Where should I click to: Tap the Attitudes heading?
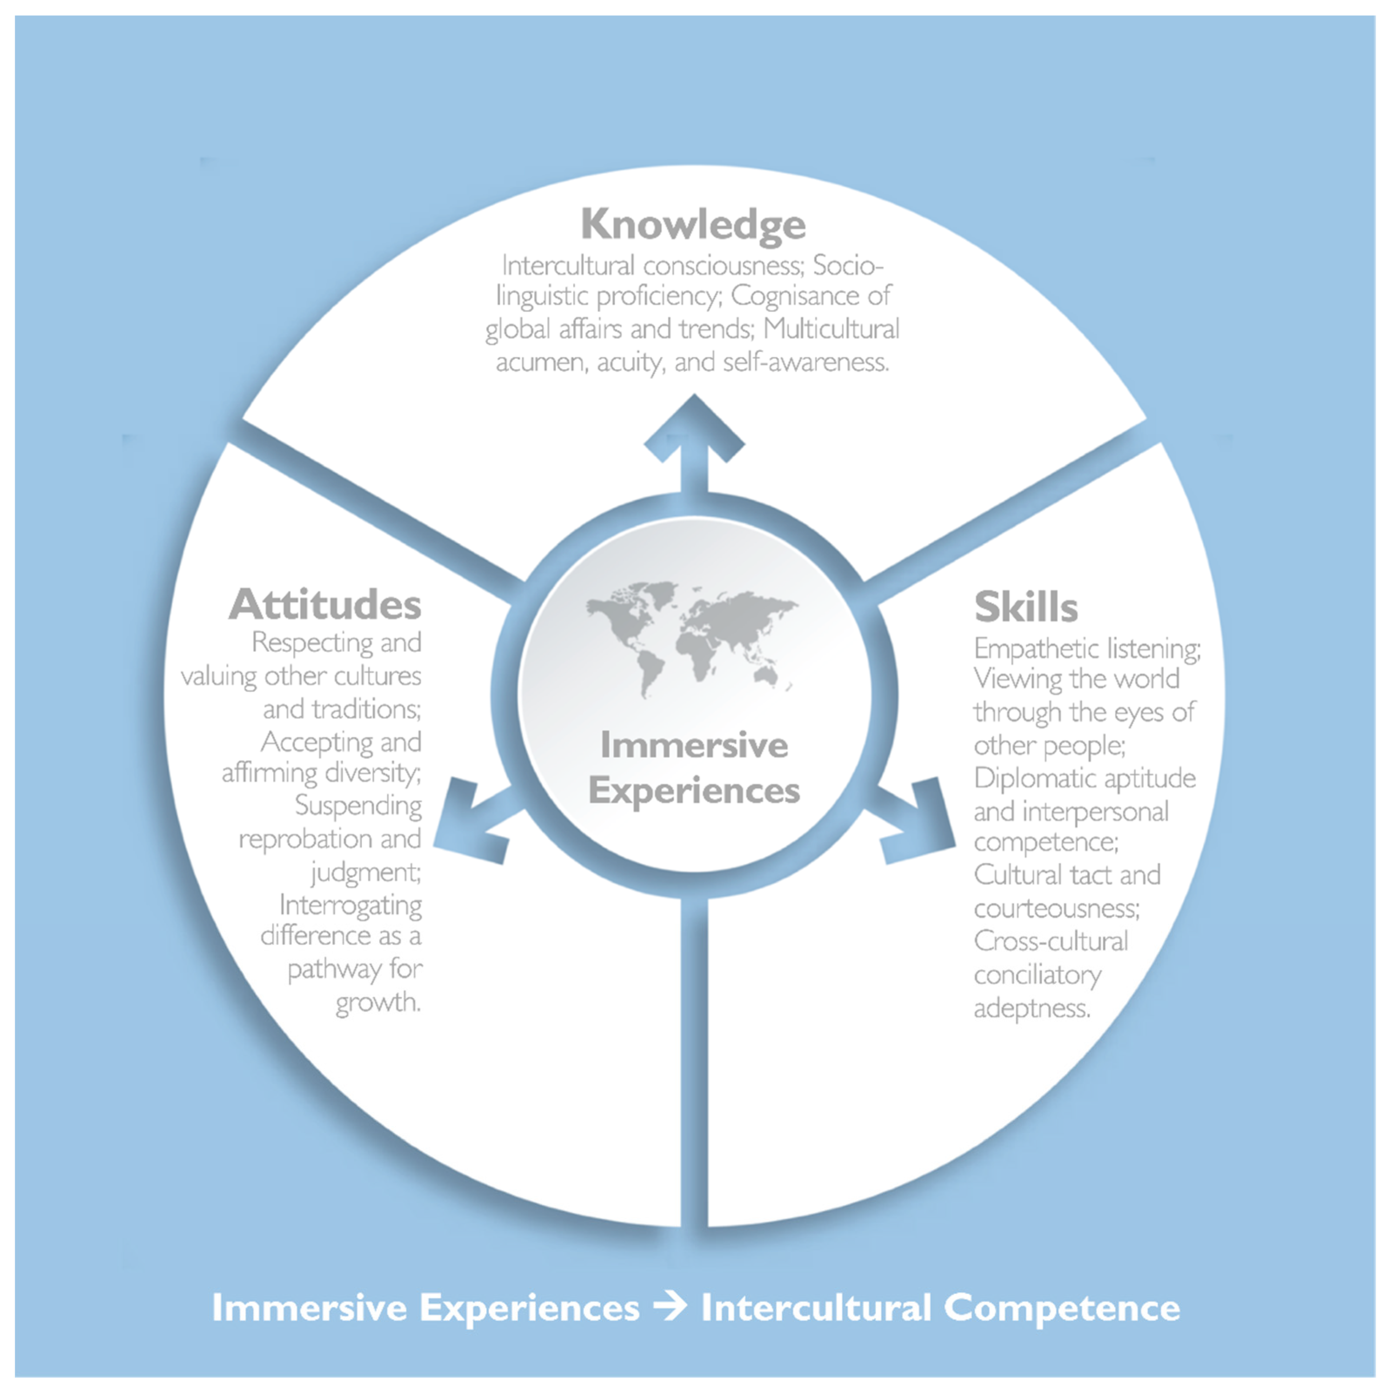325,604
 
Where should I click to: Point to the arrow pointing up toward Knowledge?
694,440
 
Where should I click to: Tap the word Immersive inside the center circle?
694,745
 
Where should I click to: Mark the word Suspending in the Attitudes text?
358,805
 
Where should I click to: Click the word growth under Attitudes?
378,1002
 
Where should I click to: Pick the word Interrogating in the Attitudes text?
350,905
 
